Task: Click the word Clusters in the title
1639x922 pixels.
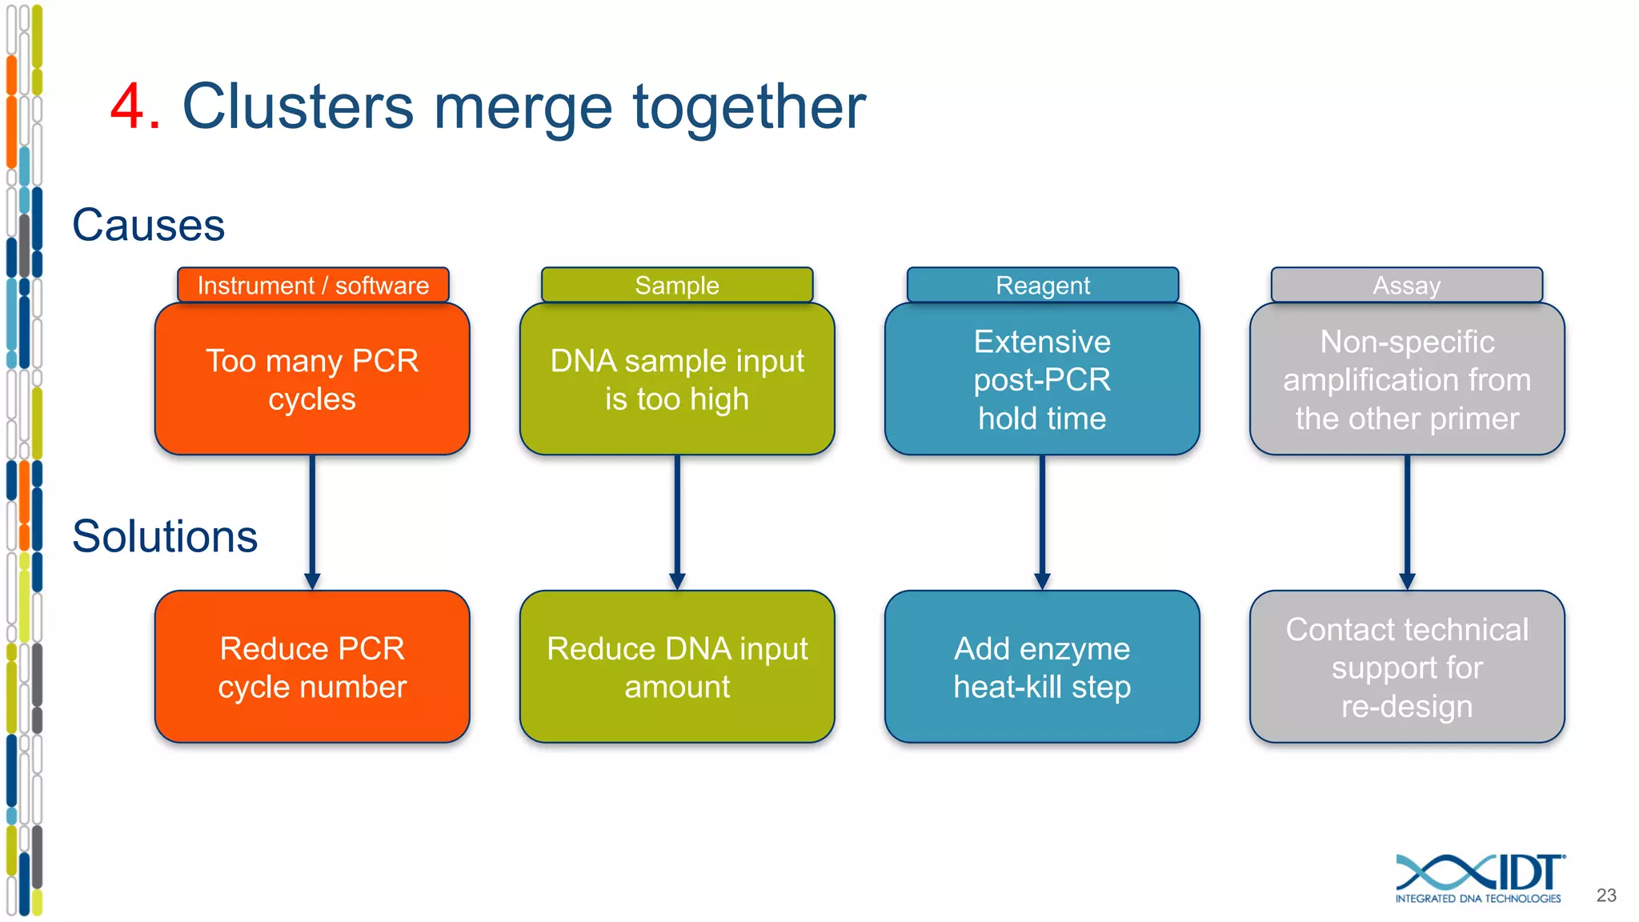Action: pos(298,106)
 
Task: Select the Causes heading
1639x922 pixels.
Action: pos(149,225)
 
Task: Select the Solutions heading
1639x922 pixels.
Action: pos(165,536)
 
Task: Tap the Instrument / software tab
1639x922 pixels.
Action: pos(313,285)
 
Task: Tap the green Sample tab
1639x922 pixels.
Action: pos(677,285)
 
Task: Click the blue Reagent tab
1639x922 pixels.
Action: pos(1042,285)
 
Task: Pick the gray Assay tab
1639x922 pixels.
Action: pos(1406,285)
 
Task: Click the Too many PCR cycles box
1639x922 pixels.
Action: pos(312,379)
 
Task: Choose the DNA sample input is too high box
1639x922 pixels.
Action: pos(677,379)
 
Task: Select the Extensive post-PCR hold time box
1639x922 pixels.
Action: pos(1042,379)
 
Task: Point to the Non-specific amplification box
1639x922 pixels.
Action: pos(1407,379)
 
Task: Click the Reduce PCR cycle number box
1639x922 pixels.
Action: pos(312,667)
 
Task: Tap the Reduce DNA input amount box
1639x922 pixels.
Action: pos(677,667)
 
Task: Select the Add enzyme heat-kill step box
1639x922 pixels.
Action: pos(1042,667)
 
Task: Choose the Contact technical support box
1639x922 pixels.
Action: pos(1407,667)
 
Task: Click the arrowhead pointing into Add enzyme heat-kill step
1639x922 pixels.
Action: pos(1042,581)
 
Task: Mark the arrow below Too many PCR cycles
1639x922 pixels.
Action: pos(312,520)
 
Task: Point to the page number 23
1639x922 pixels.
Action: pos(1605,895)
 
